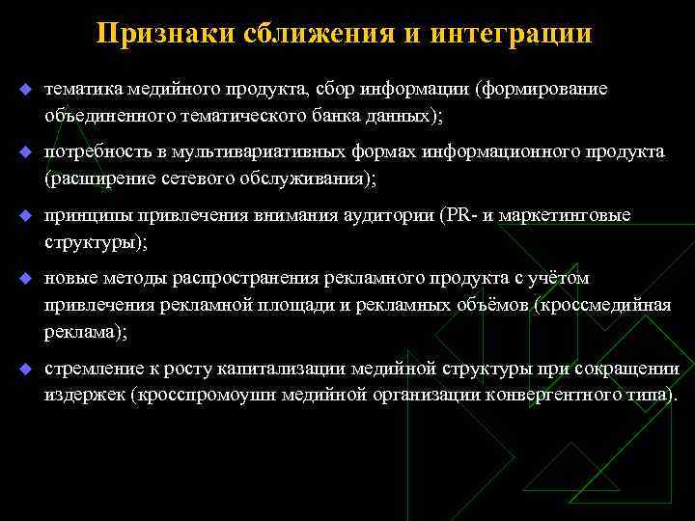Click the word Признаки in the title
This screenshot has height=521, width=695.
(x=161, y=35)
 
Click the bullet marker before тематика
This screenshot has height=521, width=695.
(x=26, y=90)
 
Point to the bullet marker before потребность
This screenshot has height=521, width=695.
(x=26, y=152)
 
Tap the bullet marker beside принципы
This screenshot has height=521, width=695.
(x=26, y=215)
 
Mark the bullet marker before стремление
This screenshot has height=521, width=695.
(x=26, y=370)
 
